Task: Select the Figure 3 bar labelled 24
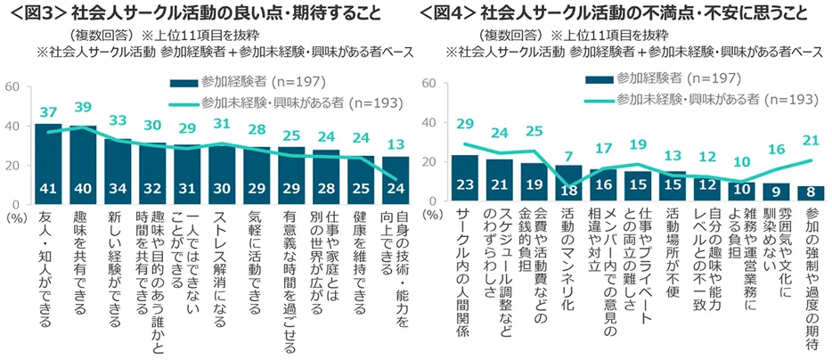tap(396, 182)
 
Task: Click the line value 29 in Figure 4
tap(465, 123)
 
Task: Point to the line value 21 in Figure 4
tap(812, 140)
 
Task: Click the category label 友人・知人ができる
tap(48, 258)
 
